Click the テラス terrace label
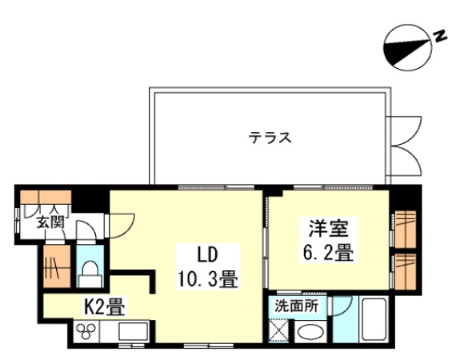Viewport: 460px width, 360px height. pyautogui.click(x=269, y=137)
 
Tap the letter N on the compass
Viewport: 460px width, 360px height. pyautogui.click(x=439, y=36)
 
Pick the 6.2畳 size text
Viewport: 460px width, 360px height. pyautogui.click(x=328, y=254)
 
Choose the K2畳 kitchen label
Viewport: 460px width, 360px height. pyautogui.click(x=102, y=306)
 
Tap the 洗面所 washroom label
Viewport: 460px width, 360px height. pyautogui.click(x=297, y=306)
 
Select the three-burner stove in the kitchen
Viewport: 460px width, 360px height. pyautogui.click(x=86, y=331)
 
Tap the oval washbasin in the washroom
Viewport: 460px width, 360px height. pyautogui.click(x=309, y=332)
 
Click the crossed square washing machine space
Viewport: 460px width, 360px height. pyautogui.click(x=280, y=329)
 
